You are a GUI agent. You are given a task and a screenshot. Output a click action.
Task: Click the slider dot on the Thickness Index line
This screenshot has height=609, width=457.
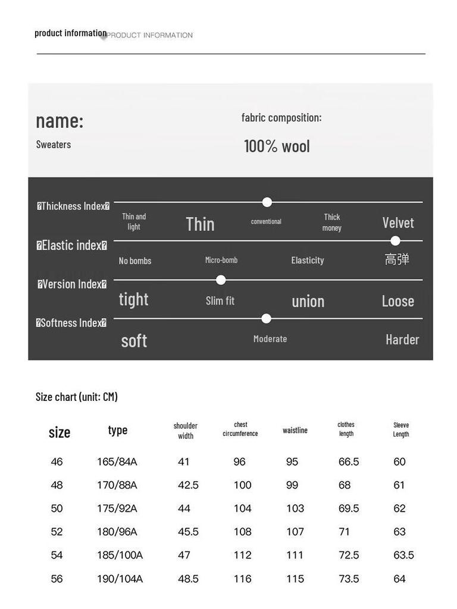pyautogui.click(x=267, y=202)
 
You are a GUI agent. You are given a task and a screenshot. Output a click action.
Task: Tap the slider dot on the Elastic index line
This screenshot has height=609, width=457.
pyautogui.click(x=395, y=241)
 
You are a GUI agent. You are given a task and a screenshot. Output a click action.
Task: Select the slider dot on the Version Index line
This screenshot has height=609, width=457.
pyautogui.click(x=221, y=280)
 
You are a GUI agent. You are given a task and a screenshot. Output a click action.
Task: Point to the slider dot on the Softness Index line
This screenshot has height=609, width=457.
pyautogui.click(x=267, y=319)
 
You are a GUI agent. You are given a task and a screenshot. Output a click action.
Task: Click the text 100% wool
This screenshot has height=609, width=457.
pyautogui.click(x=277, y=146)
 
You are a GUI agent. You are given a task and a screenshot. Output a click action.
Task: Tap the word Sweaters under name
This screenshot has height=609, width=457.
pyautogui.click(x=54, y=145)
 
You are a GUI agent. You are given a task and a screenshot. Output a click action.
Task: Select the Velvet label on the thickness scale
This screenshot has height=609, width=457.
pyautogui.click(x=397, y=223)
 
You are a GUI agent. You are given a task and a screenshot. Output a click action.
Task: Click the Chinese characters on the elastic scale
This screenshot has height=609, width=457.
pyautogui.click(x=397, y=259)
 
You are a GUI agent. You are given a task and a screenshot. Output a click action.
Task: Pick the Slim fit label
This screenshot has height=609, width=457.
pyautogui.click(x=220, y=301)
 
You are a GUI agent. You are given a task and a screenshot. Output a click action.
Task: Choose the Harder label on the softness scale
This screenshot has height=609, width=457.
pyautogui.click(x=402, y=340)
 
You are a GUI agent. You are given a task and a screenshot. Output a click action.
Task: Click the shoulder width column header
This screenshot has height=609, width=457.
pyautogui.click(x=186, y=431)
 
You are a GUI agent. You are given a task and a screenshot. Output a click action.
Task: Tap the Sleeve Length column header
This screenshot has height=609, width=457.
pyautogui.click(x=401, y=429)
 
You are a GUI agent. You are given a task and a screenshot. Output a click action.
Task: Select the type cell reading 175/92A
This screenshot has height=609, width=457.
pyautogui.click(x=117, y=508)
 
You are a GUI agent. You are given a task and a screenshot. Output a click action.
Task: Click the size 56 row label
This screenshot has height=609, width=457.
pyautogui.click(x=57, y=579)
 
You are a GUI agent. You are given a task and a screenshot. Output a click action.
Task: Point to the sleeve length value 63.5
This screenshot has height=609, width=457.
pyautogui.click(x=403, y=555)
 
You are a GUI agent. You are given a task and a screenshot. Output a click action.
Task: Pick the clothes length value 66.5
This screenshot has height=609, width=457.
pyautogui.click(x=349, y=462)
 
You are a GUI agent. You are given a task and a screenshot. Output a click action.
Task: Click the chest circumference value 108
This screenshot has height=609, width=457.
pyautogui.click(x=242, y=532)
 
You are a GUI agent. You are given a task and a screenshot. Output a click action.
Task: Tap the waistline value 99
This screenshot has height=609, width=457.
pyautogui.click(x=292, y=485)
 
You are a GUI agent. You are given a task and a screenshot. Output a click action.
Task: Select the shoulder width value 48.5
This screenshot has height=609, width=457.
pyautogui.click(x=188, y=579)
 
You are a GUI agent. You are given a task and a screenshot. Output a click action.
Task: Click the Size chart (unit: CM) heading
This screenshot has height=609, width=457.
pyautogui.click(x=77, y=397)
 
